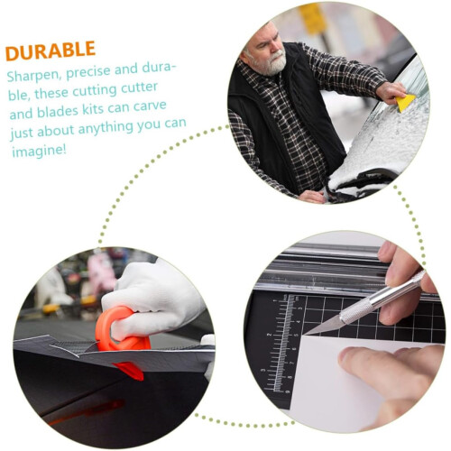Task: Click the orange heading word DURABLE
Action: [51, 51]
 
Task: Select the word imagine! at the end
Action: [39, 151]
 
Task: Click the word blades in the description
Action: [58, 111]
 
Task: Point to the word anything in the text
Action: [106, 128]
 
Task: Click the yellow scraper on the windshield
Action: [405, 102]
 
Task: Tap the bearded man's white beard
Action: [269, 64]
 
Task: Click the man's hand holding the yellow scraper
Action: [391, 92]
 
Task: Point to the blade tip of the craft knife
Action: [304, 334]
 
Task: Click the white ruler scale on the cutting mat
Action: [282, 343]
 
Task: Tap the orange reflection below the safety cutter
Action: [90, 411]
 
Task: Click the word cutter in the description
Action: [139, 88]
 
